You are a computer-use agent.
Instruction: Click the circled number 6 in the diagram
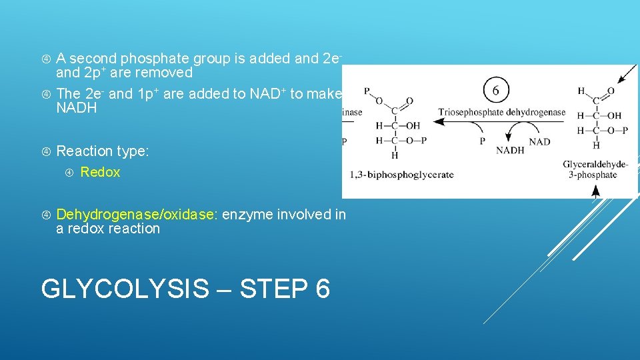point(497,89)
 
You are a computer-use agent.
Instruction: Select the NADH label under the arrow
point(510,151)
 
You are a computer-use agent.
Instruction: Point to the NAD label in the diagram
point(539,142)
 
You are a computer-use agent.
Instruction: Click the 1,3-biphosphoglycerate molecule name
point(401,175)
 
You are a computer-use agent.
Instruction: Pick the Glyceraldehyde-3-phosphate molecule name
point(595,169)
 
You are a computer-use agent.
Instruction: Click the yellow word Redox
point(100,172)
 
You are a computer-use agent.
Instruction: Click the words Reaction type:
point(103,151)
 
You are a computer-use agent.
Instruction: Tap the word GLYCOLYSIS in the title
point(125,289)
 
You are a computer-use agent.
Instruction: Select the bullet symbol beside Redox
point(71,173)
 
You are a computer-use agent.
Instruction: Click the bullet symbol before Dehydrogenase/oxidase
point(47,215)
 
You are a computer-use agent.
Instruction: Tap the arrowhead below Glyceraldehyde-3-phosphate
point(595,191)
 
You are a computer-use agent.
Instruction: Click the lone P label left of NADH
point(483,141)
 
